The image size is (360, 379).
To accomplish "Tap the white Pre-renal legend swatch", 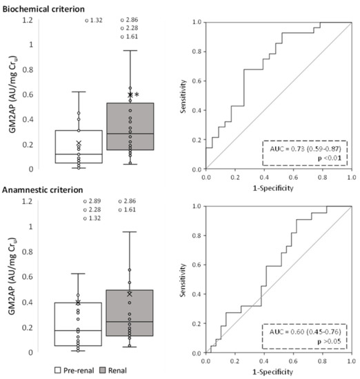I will coord(61,370).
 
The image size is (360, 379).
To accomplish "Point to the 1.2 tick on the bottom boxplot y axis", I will coord(27,201).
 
